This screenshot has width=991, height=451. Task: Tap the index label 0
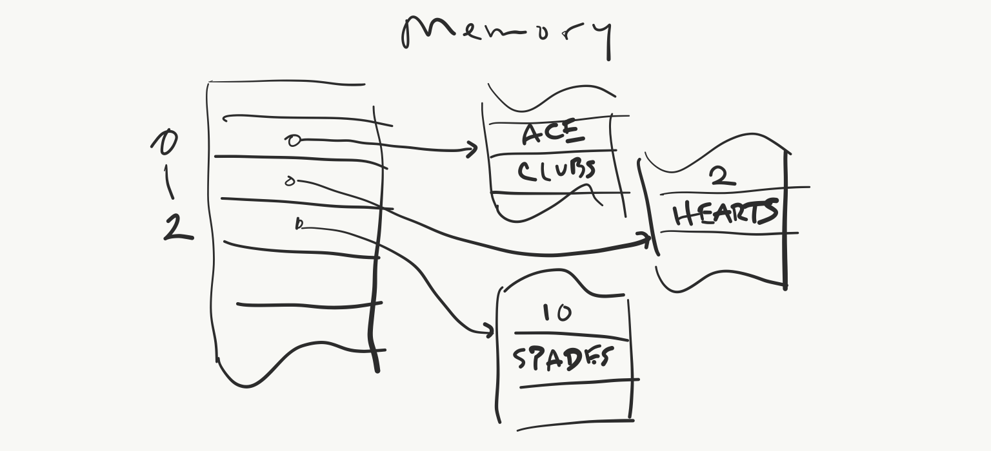coord(165,142)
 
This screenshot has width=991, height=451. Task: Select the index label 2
coord(176,228)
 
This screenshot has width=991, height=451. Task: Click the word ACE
coord(552,134)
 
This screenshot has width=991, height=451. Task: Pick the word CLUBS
coord(556,171)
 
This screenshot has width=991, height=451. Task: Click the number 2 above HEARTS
coord(723,175)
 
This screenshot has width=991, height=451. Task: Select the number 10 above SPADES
coord(556,313)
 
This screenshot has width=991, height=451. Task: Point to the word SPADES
coord(561,358)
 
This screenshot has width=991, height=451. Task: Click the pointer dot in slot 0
coord(294,140)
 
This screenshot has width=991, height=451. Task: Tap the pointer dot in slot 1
coord(290,182)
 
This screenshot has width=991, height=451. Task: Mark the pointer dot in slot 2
coord(299,224)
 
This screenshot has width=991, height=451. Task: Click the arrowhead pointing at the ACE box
coord(473,150)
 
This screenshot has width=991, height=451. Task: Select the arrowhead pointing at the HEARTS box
coord(646,240)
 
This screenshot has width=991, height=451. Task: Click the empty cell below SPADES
coord(574,404)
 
